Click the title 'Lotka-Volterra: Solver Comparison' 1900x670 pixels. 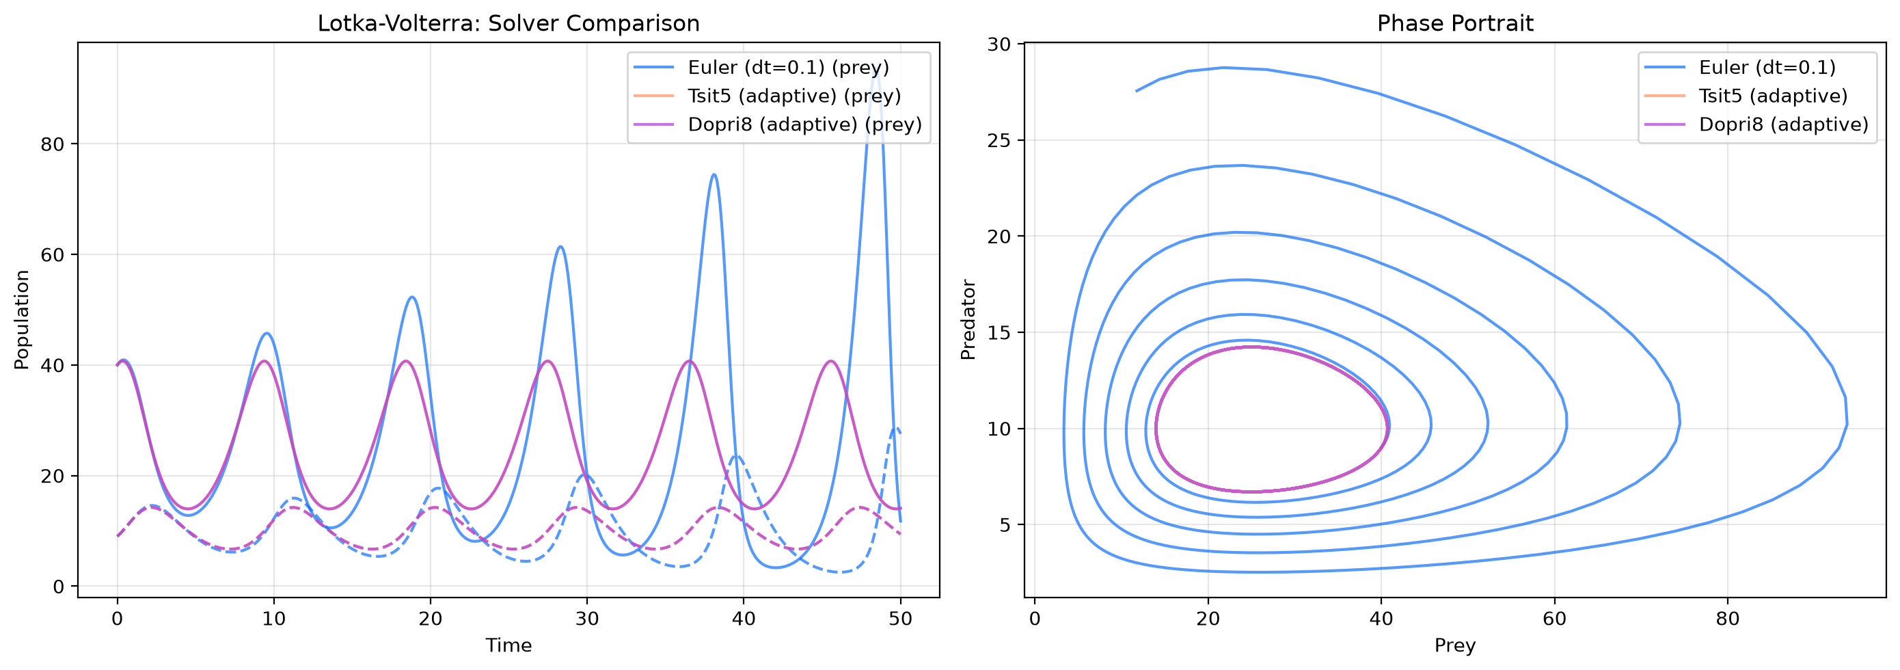tap(508, 24)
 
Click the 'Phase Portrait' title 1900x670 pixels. tap(1455, 24)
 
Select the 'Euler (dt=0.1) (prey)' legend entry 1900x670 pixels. tap(789, 68)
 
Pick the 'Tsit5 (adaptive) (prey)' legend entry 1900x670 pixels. tap(794, 96)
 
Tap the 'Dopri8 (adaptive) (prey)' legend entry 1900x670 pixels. tap(804, 124)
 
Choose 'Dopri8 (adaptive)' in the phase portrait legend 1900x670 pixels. tap(1783, 124)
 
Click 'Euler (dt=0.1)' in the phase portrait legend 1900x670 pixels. tap(1767, 68)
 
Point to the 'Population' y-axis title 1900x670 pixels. tap(22, 319)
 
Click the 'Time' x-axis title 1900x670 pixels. tap(508, 645)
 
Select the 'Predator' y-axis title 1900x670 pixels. tap(968, 319)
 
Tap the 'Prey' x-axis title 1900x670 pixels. tap(1454, 646)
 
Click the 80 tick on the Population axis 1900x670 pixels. tap(53, 144)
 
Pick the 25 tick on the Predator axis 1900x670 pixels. tap(999, 140)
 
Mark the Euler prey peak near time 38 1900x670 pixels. tap(714, 175)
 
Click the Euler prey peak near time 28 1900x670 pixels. tap(560, 246)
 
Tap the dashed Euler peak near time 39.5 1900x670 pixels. tap(735, 456)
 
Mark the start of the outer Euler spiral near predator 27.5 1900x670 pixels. tap(1136, 91)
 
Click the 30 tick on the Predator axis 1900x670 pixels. tap(999, 44)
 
